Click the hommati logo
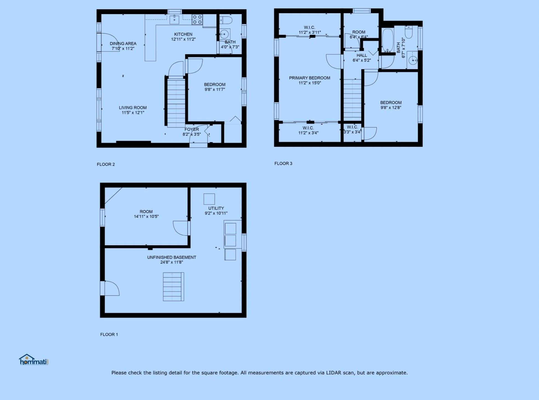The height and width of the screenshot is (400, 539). (34, 360)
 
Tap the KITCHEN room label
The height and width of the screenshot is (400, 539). (183, 34)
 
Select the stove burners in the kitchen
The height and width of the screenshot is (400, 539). (197, 19)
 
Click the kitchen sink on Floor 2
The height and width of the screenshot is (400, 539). (174, 20)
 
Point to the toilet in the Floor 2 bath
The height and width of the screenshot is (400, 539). (226, 20)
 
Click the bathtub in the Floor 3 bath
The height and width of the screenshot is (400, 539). (388, 40)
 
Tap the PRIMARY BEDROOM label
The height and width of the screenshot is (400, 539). (309, 78)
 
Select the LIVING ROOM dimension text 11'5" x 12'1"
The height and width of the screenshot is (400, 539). (133, 113)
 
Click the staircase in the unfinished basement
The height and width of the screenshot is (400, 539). (173, 287)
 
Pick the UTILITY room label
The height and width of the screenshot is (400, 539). (216, 208)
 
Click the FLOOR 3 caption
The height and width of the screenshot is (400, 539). (283, 164)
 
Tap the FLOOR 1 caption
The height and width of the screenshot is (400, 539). (109, 334)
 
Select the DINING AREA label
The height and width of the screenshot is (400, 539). (123, 43)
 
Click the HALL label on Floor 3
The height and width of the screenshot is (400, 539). (362, 55)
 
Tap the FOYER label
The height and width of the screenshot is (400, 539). (192, 129)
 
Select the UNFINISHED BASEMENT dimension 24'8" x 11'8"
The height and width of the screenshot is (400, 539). (172, 262)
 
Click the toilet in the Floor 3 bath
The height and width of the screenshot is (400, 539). (409, 32)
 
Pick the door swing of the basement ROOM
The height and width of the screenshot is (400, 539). (181, 228)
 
